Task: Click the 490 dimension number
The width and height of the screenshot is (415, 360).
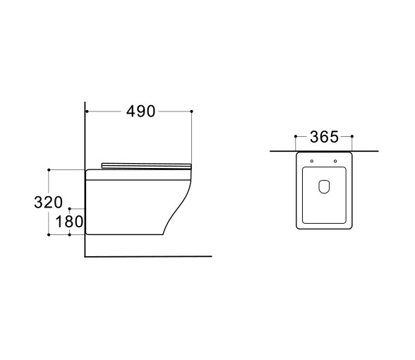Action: click(140, 112)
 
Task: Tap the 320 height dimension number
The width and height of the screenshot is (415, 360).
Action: click(49, 202)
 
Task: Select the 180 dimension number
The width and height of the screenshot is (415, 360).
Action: click(69, 222)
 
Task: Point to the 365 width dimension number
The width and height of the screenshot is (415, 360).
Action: click(324, 137)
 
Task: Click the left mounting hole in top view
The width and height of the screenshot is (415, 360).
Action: click(312, 161)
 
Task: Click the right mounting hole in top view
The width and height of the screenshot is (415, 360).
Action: click(335, 161)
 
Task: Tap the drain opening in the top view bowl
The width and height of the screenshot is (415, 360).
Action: click(324, 186)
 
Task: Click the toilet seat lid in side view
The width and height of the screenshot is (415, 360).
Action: click(146, 166)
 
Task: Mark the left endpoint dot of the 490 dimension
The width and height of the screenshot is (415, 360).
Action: click(87, 112)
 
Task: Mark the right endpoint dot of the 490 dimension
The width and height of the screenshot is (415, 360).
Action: click(192, 112)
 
